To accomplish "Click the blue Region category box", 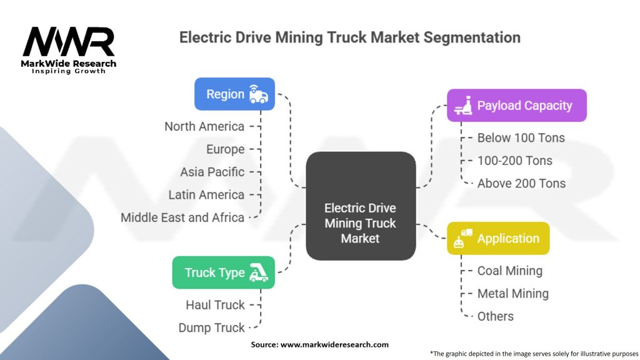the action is pyautogui.click(x=234, y=94).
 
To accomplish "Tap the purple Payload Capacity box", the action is pyautogui.click(x=517, y=106).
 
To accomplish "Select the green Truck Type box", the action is pyautogui.click(x=223, y=272).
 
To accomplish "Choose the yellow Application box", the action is pyautogui.click(x=498, y=238).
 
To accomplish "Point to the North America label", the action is pyautogui.click(x=204, y=126).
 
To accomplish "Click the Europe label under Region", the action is pyautogui.click(x=226, y=149).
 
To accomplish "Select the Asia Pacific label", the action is pyautogui.click(x=212, y=172).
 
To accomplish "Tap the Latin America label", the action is pyautogui.click(x=206, y=194).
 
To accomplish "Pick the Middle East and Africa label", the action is pyautogui.click(x=182, y=217).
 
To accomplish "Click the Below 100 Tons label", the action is pyautogui.click(x=521, y=137).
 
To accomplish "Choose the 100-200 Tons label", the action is pyautogui.click(x=514, y=161).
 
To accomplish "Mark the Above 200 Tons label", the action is pyautogui.click(x=521, y=183).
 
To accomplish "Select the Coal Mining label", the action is pyautogui.click(x=509, y=271).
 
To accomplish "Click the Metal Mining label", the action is pyautogui.click(x=512, y=293).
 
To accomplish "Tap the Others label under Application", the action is pyautogui.click(x=495, y=316).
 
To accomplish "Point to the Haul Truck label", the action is pyautogui.click(x=215, y=305).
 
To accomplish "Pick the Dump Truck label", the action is pyautogui.click(x=211, y=327).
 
